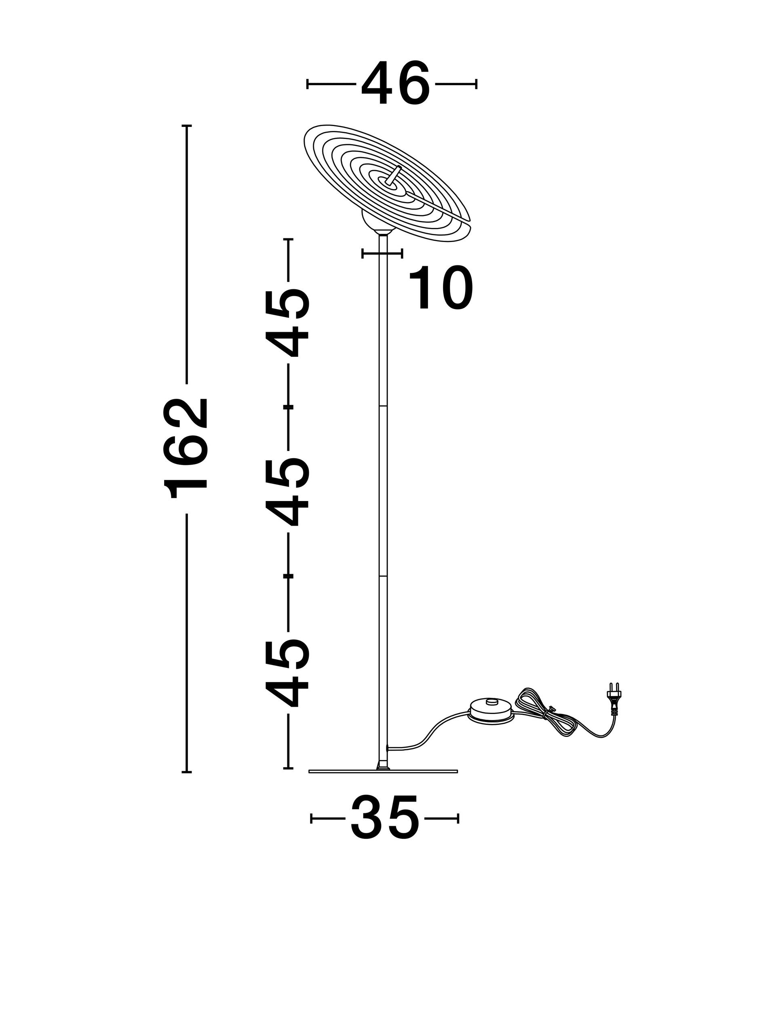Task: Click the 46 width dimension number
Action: point(395,83)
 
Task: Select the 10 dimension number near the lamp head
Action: point(441,288)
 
